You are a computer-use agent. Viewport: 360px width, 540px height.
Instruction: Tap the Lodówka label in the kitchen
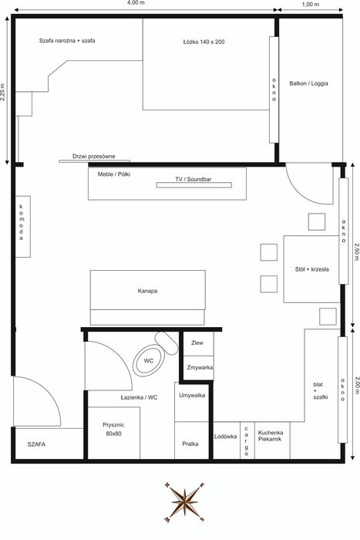(x=225, y=437)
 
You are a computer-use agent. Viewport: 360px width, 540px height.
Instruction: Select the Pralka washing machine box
(x=191, y=440)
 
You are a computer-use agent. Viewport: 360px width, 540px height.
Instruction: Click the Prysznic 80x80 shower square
(x=114, y=433)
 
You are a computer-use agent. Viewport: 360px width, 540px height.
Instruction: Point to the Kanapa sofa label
(x=148, y=291)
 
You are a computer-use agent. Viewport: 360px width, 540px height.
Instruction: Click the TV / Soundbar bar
(x=194, y=185)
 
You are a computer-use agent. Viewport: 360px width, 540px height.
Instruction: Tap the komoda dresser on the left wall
(x=23, y=227)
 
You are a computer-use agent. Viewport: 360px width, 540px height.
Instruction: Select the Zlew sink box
(x=198, y=343)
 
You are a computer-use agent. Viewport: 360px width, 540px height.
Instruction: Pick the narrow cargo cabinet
(x=247, y=440)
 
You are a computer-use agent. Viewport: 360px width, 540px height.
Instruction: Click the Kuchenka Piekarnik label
(x=271, y=436)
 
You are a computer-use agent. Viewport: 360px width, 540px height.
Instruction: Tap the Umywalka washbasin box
(x=192, y=402)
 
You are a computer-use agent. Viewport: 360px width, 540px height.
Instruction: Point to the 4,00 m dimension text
(x=136, y=3)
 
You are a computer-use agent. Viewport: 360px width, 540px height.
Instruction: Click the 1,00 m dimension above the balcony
(x=311, y=4)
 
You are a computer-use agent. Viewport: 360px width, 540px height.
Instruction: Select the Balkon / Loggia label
(x=308, y=83)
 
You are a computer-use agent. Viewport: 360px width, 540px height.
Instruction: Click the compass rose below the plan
(x=185, y=502)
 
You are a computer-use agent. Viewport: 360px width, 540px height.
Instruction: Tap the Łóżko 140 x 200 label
(x=204, y=42)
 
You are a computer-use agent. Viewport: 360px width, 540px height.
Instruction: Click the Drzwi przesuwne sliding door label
(x=94, y=157)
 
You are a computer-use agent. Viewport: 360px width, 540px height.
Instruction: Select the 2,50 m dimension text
(x=356, y=251)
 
